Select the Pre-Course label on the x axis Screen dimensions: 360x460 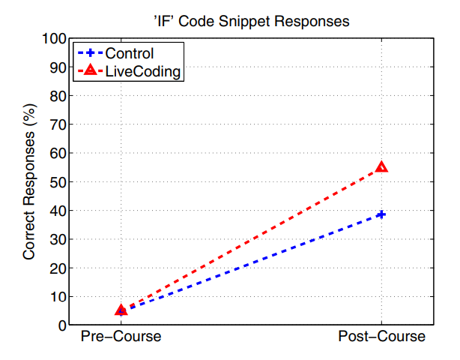(x=121, y=337)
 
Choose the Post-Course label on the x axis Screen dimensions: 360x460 (x=382, y=337)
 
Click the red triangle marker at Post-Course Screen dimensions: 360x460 (x=382, y=167)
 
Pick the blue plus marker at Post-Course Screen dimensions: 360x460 (x=382, y=214)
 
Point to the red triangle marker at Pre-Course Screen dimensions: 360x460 (x=121, y=310)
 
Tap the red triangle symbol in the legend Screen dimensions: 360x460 (x=90, y=71)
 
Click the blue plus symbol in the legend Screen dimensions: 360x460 (x=90, y=53)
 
